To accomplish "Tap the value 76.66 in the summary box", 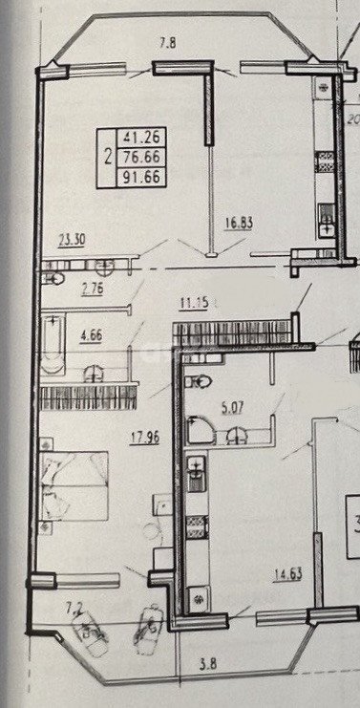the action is click(x=135, y=155).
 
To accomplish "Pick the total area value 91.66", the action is click(x=135, y=175).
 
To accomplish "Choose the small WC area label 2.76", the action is click(x=93, y=286).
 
